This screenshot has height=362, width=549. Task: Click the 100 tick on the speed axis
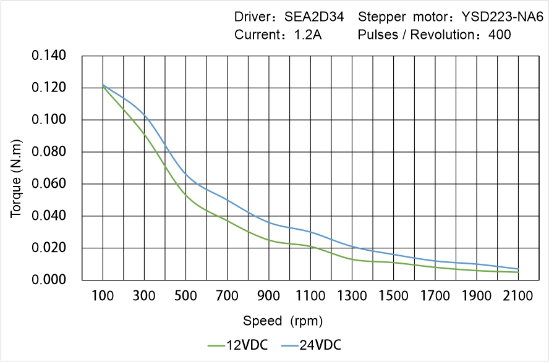point(103,297)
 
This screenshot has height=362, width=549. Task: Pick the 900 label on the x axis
point(269,297)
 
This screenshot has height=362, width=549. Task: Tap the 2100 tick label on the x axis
point(518,297)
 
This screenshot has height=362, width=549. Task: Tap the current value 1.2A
point(307,35)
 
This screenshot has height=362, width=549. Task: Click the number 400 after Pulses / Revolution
point(500,35)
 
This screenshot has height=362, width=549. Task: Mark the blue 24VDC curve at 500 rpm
point(186,175)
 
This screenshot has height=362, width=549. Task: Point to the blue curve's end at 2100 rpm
point(518,269)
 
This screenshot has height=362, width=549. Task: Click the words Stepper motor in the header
point(399,17)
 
